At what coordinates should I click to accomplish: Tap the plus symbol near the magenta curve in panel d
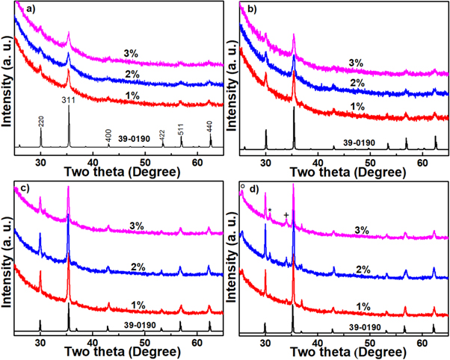point(286,215)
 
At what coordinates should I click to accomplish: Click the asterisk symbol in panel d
point(270,211)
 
